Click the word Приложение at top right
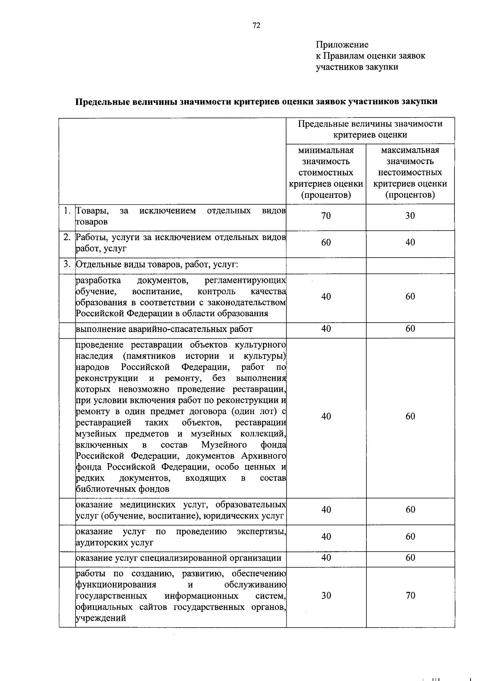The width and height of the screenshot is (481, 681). (342, 45)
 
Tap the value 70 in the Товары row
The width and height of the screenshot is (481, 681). (326, 216)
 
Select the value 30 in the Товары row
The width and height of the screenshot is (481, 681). (410, 216)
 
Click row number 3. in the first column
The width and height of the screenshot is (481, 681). (67, 264)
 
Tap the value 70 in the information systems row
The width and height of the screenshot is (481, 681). (410, 596)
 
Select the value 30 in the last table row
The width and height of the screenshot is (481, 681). (326, 596)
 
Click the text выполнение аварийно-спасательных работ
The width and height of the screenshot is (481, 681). (164, 329)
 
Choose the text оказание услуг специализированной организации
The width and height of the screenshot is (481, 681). (178, 558)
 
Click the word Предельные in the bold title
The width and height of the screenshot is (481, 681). (99, 102)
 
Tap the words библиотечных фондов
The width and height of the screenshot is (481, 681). (122, 489)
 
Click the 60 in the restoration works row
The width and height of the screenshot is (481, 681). (410, 417)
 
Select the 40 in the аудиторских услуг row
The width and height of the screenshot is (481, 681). (326, 537)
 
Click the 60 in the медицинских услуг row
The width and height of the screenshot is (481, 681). (410, 510)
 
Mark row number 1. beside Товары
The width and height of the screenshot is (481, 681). (67, 211)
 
